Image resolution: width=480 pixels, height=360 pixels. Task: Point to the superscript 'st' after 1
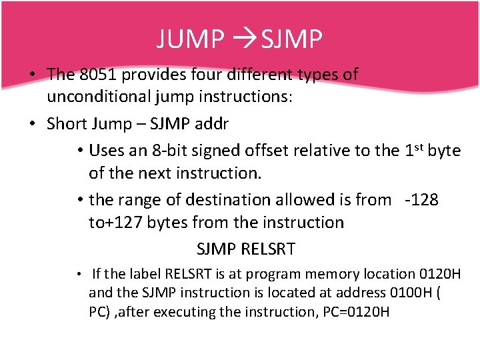pyautogui.click(x=419, y=146)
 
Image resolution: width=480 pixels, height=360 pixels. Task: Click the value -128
pyautogui.click(x=421, y=199)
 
